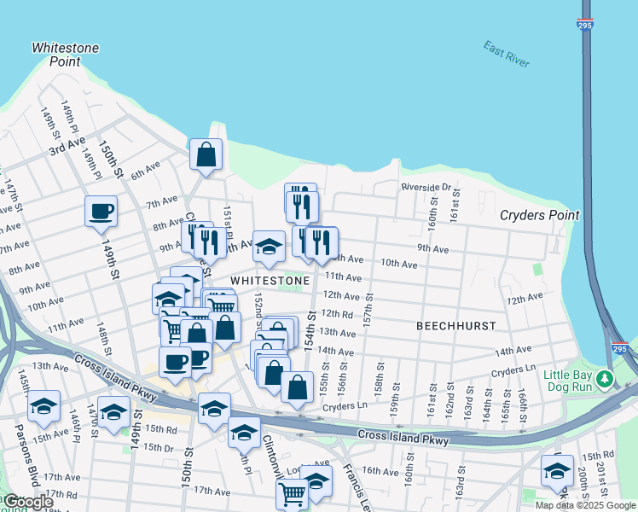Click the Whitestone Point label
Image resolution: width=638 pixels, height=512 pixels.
pos(65,55)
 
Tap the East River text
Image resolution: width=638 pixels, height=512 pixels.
pos(506,54)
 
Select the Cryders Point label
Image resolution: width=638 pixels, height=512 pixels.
pos(539,216)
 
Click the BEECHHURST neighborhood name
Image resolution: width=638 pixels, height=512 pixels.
pos(456,326)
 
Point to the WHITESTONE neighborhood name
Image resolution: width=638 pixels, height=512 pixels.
pos(270,281)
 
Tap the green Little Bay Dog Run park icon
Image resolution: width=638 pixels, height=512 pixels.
pos(605,376)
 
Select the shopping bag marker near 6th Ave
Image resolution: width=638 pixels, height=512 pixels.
pos(206,155)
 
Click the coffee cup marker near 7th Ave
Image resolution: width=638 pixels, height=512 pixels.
pos(101,211)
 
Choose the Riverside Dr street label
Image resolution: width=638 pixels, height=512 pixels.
pos(425,187)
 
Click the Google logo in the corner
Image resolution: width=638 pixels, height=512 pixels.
pos(27,502)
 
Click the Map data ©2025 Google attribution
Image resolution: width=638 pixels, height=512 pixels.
pos(585,505)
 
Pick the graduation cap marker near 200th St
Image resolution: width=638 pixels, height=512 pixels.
pos(557,470)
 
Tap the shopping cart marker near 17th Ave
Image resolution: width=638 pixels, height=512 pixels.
pos(292,492)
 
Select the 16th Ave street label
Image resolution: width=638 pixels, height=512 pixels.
pos(380,470)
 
